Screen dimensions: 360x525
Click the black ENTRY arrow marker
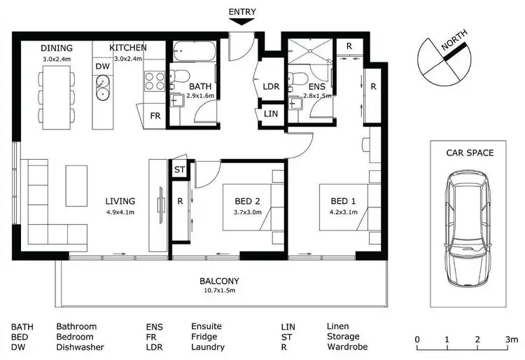(x=241, y=21)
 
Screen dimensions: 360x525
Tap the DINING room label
(x=57, y=48)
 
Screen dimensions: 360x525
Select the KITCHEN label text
(x=128, y=48)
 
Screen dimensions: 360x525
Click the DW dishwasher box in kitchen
(x=102, y=66)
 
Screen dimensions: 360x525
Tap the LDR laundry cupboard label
(x=270, y=86)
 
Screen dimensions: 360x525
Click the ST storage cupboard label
(x=178, y=169)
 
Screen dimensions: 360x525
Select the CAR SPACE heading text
(x=470, y=153)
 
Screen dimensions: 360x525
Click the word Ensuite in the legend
(x=206, y=326)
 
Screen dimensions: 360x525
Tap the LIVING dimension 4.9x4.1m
(x=120, y=212)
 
